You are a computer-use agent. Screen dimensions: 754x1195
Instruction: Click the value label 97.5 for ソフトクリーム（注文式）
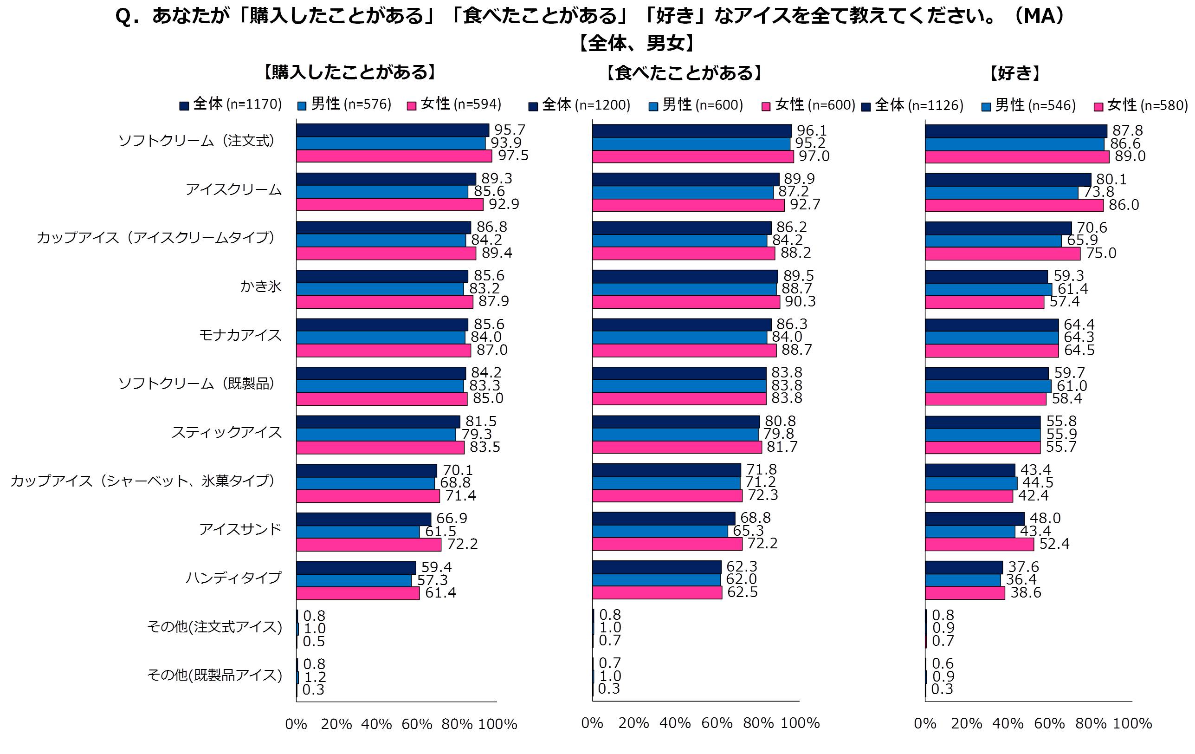pos(513,156)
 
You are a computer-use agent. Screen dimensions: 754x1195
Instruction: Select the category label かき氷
pos(260,286)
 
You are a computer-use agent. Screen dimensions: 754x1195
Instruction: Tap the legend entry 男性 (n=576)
pos(344,104)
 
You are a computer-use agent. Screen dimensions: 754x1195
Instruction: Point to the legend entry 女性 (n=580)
pos(1141,105)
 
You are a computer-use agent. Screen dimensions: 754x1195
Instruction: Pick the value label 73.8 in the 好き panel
pos(1098,192)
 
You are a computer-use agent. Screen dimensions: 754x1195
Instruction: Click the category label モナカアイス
pos(240,335)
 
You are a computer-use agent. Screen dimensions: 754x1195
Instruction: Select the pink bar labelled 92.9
pos(389,204)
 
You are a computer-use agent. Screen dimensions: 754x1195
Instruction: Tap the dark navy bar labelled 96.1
pos(692,131)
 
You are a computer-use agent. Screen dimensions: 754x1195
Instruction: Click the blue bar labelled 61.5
pos(358,532)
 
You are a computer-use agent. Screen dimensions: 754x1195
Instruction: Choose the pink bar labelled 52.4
pos(979,545)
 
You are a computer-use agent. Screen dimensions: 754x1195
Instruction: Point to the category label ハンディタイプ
pos(233,578)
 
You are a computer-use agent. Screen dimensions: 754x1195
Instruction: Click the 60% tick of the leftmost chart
pos(416,724)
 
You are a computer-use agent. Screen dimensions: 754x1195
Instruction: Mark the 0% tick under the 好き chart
pos(925,723)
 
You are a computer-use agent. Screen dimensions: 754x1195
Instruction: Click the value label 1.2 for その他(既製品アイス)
pos(315,677)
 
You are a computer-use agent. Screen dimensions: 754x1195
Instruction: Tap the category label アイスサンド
pos(240,529)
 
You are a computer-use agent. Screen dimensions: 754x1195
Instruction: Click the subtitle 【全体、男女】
pos(637,44)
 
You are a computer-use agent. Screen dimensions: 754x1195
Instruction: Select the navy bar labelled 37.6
pos(964,567)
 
